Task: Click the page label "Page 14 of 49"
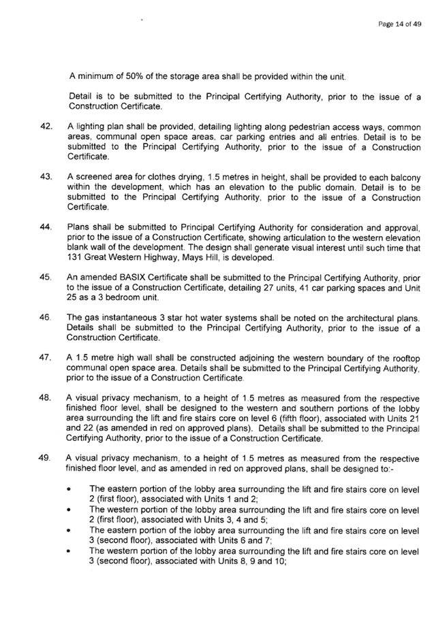click(x=399, y=24)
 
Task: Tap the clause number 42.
click(x=46, y=127)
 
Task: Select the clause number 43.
click(x=46, y=177)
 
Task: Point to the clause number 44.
click(x=46, y=227)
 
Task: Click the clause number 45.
click(x=46, y=277)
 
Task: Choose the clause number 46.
click(x=46, y=317)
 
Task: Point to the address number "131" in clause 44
click(x=74, y=258)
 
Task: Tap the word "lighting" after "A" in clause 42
click(x=89, y=127)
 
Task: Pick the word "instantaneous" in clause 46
click(x=129, y=318)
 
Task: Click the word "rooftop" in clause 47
click(x=405, y=359)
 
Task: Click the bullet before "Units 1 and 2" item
click(x=69, y=489)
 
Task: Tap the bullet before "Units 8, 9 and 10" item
click(x=69, y=551)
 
